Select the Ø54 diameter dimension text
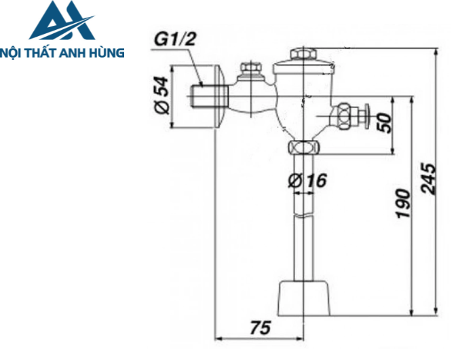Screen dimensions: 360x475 (161, 96)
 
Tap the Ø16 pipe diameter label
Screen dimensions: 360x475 (307, 181)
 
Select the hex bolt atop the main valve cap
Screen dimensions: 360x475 (299, 54)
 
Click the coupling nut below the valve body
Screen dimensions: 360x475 (303, 147)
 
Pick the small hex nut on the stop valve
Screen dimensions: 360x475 (250, 69)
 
